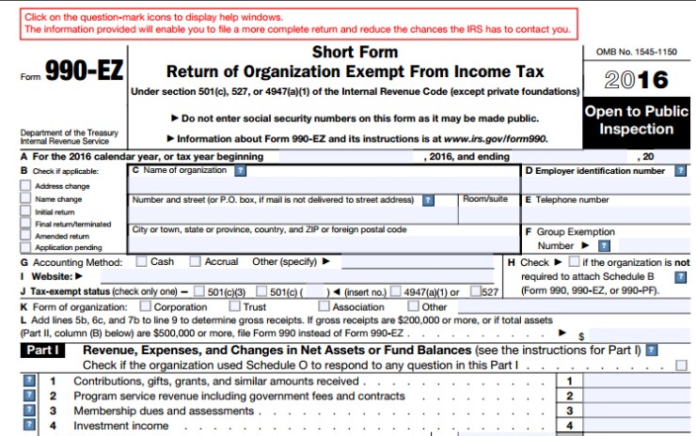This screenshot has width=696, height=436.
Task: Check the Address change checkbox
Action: tap(26, 187)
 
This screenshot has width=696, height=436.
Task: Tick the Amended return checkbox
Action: tap(26, 237)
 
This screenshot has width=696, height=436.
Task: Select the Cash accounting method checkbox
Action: tap(141, 261)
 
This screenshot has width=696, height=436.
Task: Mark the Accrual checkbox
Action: tap(196, 261)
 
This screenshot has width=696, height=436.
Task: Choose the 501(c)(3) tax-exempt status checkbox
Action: tap(198, 292)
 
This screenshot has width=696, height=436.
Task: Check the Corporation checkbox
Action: tap(145, 306)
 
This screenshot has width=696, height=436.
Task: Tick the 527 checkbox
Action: tap(476, 292)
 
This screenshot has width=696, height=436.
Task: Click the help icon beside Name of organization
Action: tap(240, 171)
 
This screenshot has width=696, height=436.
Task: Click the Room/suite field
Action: tap(488, 213)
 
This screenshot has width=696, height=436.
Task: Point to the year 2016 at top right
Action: tap(636, 80)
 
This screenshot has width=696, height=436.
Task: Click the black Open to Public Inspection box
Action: tap(636, 120)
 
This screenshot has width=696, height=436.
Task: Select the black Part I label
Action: tap(43, 350)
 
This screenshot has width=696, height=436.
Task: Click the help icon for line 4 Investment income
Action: tap(29, 426)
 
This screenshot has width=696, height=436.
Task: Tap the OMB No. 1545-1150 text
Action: tap(636, 51)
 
